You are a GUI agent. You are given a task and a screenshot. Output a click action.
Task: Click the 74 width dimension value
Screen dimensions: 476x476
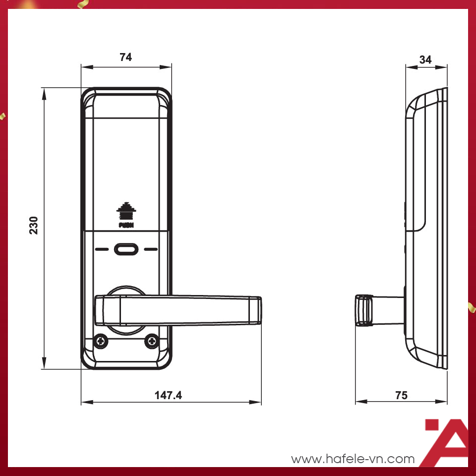(125, 57)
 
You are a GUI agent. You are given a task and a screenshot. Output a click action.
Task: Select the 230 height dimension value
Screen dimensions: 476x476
(34, 225)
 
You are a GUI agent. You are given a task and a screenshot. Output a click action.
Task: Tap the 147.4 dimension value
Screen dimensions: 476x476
(168, 395)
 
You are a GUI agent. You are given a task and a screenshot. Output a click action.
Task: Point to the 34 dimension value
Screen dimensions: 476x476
(425, 59)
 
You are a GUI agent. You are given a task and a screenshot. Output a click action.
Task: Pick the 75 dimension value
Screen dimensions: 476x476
(401, 395)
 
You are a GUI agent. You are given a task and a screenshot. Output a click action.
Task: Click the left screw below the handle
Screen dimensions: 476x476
(101, 342)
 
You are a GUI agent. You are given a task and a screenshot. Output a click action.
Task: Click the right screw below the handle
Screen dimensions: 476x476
(152, 342)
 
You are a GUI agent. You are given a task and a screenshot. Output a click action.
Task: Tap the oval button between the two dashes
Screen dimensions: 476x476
(126, 249)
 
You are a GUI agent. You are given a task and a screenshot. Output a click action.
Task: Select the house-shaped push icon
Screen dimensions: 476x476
(126, 211)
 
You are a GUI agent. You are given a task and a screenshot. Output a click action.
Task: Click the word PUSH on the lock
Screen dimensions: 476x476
(126, 225)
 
